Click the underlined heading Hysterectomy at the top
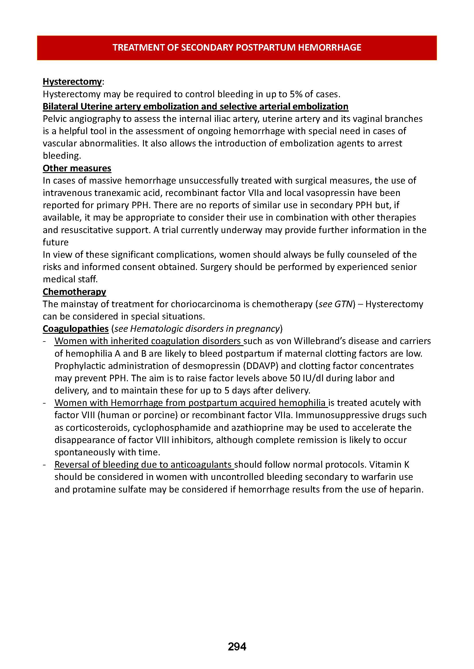[x=72, y=82]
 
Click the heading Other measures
[x=77, y=168]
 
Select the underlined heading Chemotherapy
[x=75, y=292]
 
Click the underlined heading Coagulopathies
[x=76, y=329]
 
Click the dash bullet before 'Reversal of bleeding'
[x=44, y=465]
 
